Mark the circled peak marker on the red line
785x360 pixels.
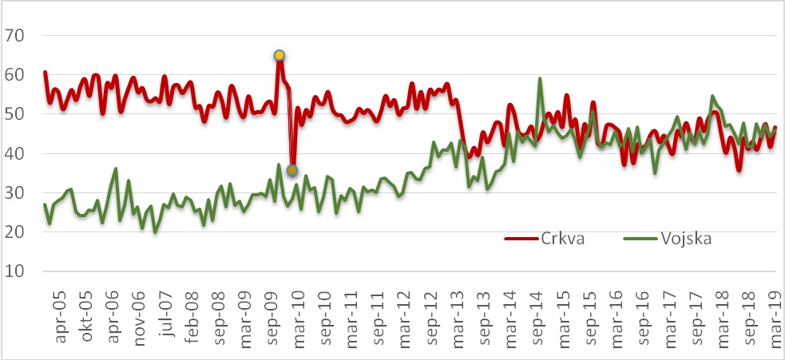tap(280, 55)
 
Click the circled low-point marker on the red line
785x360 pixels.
tap(292, 170)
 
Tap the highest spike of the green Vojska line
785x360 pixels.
tap(541, 78)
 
